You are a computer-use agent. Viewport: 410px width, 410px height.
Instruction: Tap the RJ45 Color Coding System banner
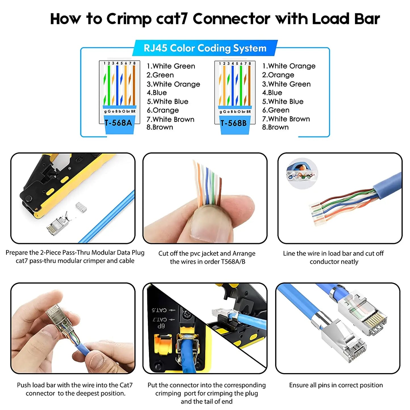click(x=205, y=48)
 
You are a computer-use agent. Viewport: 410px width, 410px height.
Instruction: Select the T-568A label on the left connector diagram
click(x=118, y=123)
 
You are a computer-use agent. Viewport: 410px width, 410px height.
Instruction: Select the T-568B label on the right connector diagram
click(x=234, y=123)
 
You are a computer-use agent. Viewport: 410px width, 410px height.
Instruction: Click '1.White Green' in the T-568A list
click(x=171, y=66)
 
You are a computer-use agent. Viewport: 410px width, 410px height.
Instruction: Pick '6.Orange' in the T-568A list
click(x=163, y=110)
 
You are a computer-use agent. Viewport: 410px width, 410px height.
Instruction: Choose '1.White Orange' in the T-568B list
click(x=289, y=66)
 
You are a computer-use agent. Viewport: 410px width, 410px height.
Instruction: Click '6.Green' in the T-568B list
click(x=276, y=110)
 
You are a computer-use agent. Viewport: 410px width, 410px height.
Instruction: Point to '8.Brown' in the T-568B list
click(x=275, y=127)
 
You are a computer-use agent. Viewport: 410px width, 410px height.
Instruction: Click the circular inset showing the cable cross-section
click(x=302, y=173)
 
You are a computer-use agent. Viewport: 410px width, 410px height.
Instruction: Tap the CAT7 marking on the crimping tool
click(x=160, y=319)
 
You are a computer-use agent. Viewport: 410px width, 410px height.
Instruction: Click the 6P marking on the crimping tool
click(x=161, y=326)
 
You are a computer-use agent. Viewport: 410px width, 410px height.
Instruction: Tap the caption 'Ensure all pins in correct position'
click(x=336, y=385)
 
